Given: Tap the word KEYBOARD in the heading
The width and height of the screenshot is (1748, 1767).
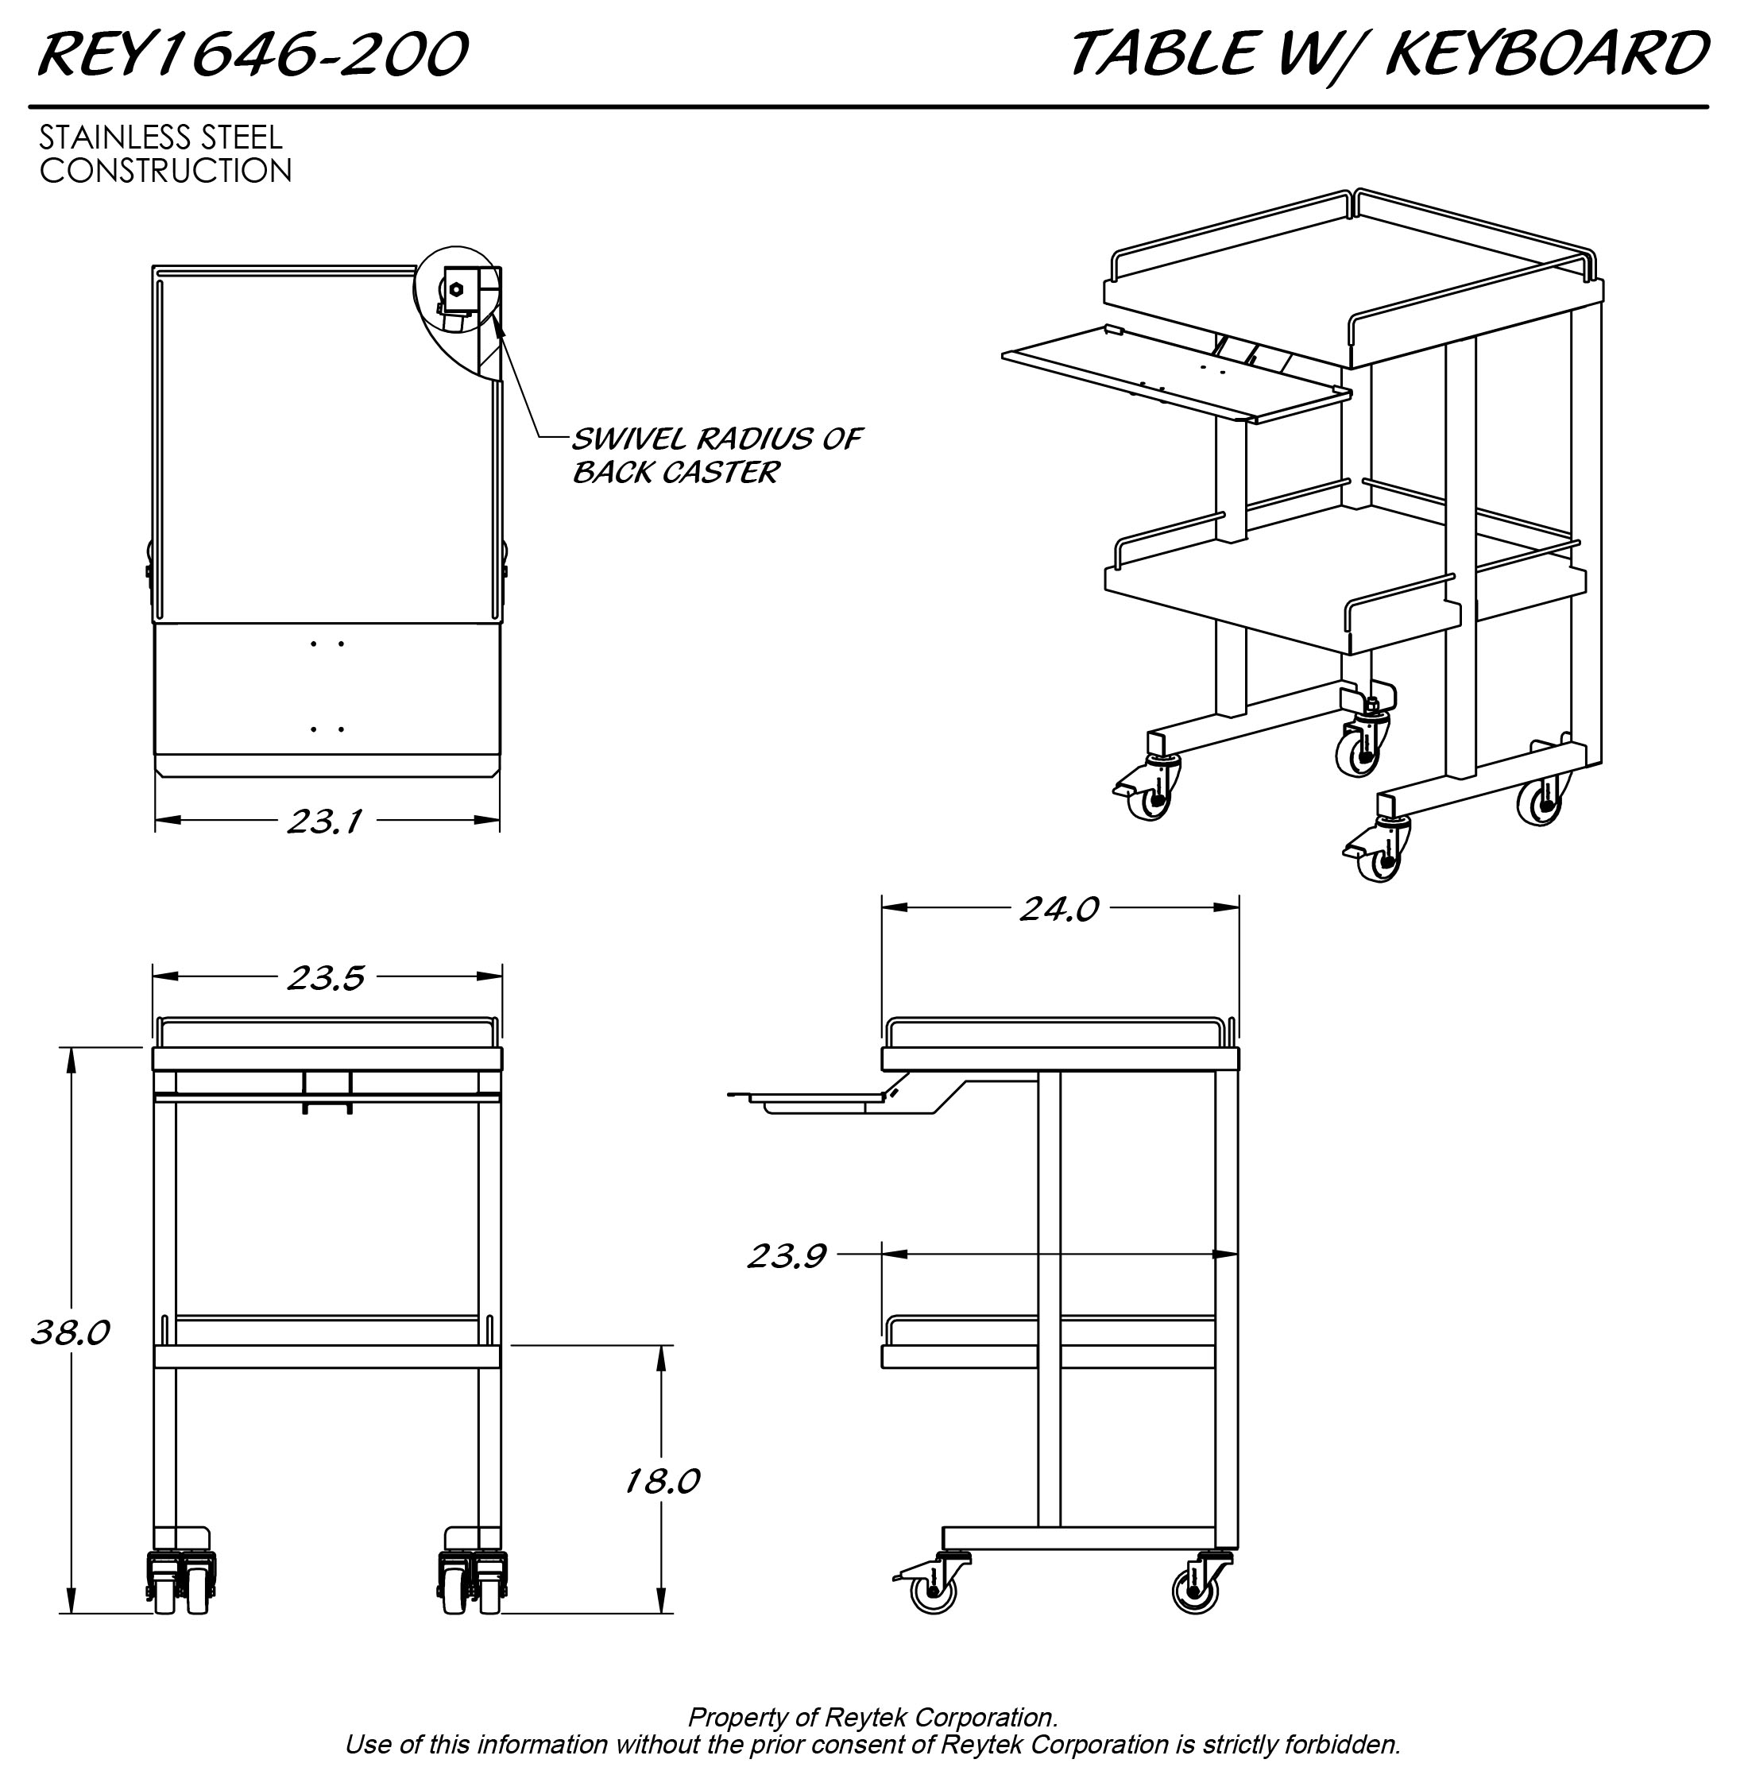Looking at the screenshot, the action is coord(1547,53).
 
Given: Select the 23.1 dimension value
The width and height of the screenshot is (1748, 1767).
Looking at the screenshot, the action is coord(325,822).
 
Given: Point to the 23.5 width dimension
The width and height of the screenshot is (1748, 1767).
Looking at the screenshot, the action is coord(326,978).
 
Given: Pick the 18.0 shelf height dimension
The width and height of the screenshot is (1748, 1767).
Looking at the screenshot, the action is coord(661,1481).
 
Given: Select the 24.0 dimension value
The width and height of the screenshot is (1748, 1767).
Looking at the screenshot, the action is coord(1059,908).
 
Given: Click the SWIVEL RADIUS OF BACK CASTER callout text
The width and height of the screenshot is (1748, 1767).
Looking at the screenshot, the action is coord(716,455).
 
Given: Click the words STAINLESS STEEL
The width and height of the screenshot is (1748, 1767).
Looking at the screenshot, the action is coord(161,137).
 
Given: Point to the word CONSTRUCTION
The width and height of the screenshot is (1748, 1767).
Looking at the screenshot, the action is coord(165,170).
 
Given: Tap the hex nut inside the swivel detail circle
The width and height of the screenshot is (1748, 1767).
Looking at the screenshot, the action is coord(456,290).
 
